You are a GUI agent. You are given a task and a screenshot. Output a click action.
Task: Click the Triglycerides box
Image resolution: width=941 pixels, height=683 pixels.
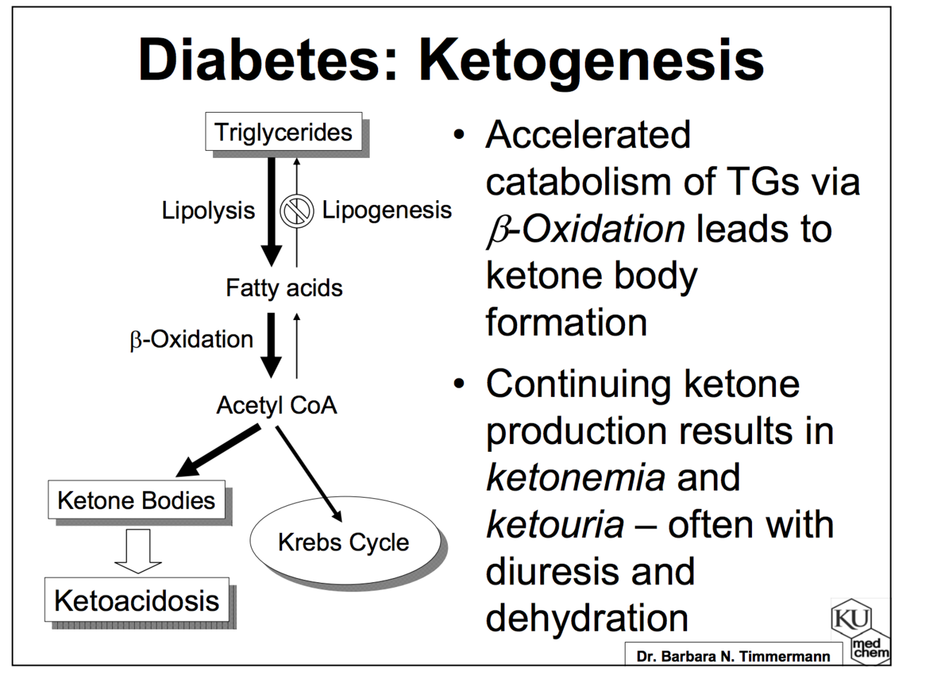(x=283, y=132)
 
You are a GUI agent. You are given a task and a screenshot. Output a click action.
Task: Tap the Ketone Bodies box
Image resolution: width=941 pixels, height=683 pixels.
(x=136, y=500)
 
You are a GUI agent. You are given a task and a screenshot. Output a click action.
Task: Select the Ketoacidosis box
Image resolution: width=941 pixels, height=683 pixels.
(x=137, y=601)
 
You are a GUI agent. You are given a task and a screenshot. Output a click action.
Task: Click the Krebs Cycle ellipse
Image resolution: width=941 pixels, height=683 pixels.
(x=344, y=542)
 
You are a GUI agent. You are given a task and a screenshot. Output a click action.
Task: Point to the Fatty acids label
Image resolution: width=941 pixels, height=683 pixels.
(x=284, y=288)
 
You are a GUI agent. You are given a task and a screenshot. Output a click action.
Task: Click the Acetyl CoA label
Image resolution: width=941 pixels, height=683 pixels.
(x=277, y=405)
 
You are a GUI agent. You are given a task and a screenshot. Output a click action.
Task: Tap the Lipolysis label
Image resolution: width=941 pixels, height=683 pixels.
(x=208, y=210)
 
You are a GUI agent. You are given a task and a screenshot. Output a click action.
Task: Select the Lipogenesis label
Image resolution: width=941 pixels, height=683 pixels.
(x=387, y=210)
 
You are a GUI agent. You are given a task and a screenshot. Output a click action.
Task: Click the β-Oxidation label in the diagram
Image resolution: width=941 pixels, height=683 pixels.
(x=191, y=340)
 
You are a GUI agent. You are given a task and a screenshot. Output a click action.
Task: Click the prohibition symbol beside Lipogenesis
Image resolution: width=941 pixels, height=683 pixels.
(x=296, y=211)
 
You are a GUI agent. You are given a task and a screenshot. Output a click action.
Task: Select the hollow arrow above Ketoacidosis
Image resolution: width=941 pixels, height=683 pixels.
(x=138, y=550)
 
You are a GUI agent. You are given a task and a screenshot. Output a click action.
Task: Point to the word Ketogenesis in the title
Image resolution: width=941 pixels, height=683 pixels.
(x=591, y=60)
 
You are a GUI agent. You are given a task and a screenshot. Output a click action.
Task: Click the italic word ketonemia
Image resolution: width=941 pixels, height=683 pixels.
(x=576, y=477)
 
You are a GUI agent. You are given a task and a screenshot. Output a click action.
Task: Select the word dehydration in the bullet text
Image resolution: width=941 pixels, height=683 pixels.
(x=587, y=618)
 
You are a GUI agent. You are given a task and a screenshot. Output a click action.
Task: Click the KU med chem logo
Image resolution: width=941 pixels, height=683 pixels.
(x=859, y=631)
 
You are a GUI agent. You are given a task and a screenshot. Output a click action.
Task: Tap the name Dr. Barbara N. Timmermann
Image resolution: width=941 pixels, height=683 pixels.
(x=733, y=656)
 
